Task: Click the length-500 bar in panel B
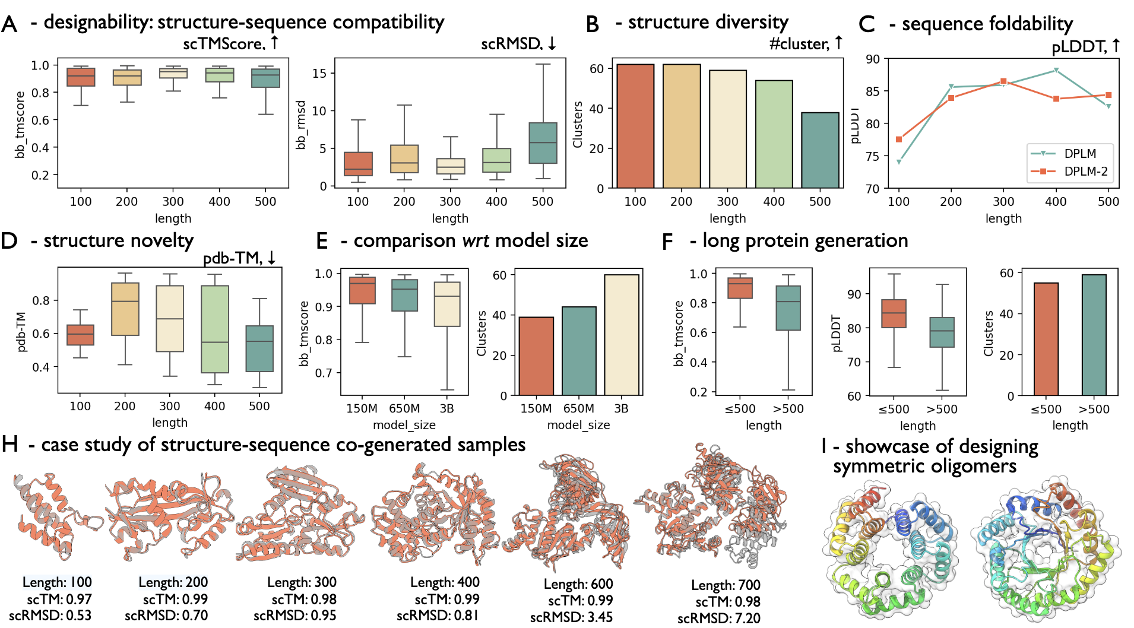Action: (820, 150)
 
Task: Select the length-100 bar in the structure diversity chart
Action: (635, 126)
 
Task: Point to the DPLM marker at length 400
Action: (1056, 71)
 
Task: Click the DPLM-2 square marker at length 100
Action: (899, 139)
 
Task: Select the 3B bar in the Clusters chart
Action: (622, 335)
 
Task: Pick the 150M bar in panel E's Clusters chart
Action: (536, 356)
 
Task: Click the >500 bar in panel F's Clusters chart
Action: (1094, 335)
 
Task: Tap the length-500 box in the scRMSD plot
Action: (543, 143)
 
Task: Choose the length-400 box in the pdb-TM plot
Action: (215, 329)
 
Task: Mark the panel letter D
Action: (9, 241)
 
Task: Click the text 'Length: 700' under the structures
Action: (726, 585)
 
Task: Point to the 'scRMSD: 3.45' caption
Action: (571, 617)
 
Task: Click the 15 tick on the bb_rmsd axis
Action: (319, 74)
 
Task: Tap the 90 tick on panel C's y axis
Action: (873, 59)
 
